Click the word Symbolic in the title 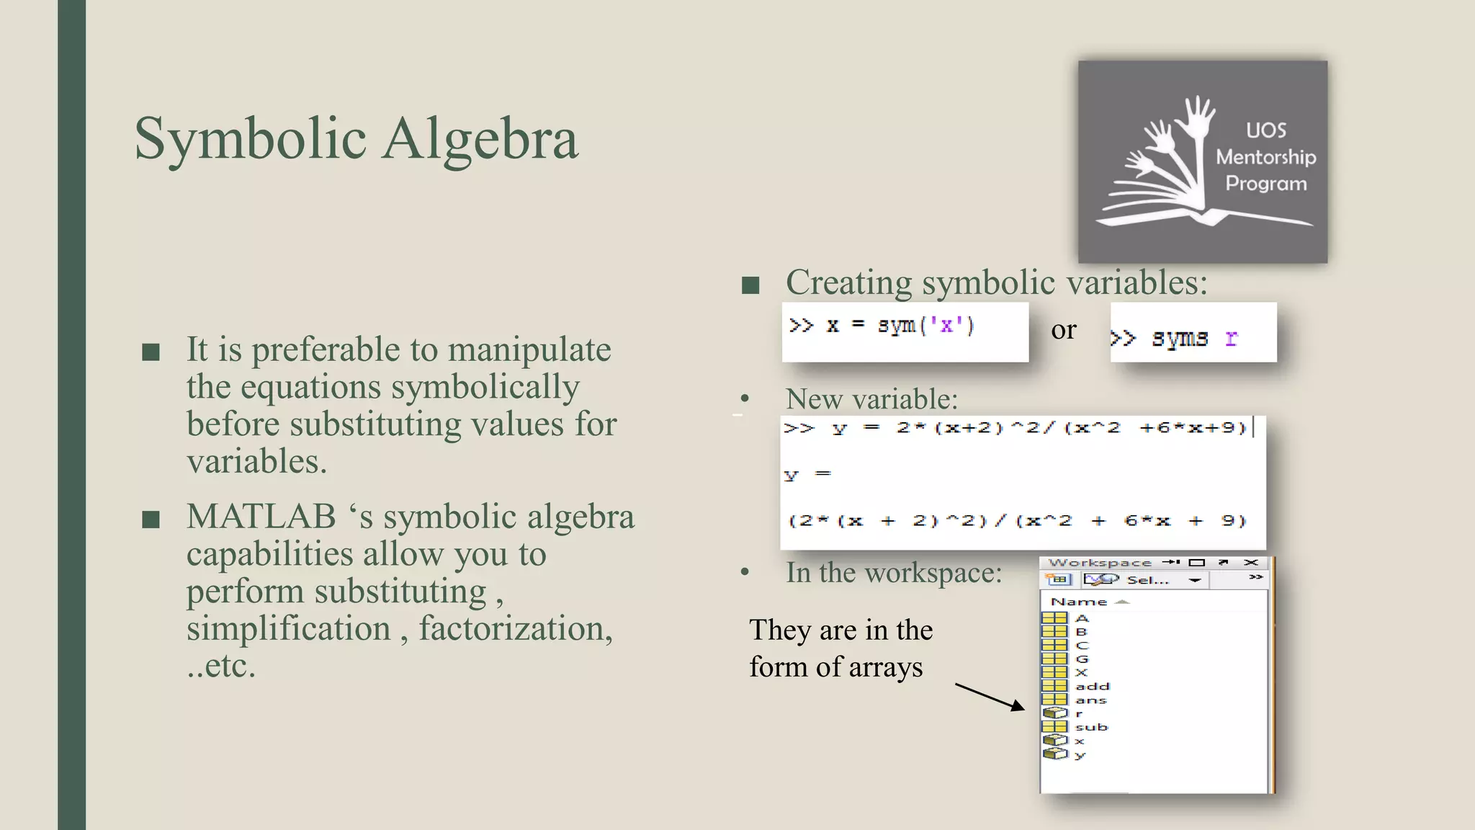tap(251, 138)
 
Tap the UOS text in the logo tap(1266, 130)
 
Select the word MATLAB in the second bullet tap(261, 517)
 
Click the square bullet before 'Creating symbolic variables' tap(750, 285)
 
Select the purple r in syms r tap(1231, 338)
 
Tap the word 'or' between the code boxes tap(1064, 330)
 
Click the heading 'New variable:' tap(871, 399)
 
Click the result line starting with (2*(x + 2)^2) tap(1017, 520)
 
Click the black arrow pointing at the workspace tap(990, 697)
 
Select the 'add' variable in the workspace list tap(1092, 687)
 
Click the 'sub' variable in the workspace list tap(1091, 728)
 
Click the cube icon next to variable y tap(1055, 754)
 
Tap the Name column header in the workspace tap(1078, 602)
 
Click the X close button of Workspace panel tap(1251, 562)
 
